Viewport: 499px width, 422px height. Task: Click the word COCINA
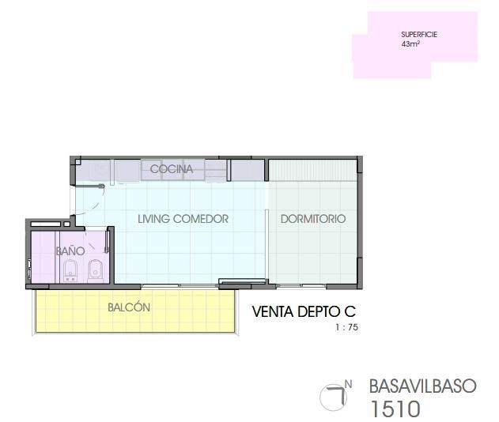172,169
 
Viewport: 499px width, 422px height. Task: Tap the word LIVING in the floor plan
153,219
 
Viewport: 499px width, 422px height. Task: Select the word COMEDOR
201,219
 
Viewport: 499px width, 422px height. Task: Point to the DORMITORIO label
313,219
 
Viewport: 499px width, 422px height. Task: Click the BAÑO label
70,251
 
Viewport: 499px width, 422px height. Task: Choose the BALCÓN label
129,307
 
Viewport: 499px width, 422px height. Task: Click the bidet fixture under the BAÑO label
70,270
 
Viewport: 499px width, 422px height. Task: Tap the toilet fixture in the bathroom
95,271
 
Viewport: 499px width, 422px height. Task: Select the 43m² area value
410,44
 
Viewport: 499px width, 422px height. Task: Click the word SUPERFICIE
419,34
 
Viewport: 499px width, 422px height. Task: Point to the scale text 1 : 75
346,327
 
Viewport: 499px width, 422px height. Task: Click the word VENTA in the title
273,311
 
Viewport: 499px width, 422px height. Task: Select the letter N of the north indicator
348,385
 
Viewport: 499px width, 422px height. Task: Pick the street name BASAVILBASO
422,386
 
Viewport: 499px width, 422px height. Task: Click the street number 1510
395,409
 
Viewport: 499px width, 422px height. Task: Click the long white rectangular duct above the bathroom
46,224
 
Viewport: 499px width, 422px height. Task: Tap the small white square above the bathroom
66,224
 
